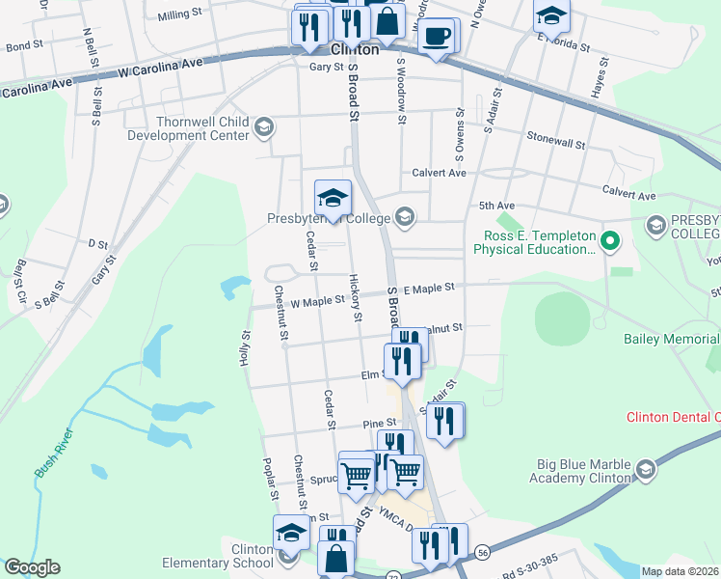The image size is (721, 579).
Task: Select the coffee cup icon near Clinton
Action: tap(437, 36)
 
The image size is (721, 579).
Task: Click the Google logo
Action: tap(32, 567)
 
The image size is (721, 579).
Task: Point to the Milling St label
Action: tap(180, 15)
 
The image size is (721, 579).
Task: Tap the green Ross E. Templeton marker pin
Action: tap(609, 239)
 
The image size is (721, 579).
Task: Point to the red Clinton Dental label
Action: tap(673, 418)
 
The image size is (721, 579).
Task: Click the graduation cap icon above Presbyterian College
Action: tap(333, 197)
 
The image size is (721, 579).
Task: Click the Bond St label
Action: tap(24, 45)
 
